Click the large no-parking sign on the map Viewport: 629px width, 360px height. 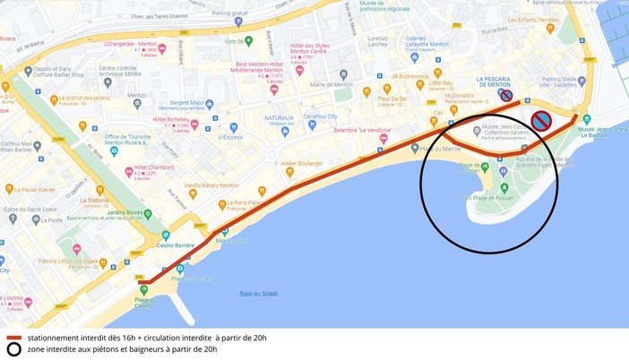click(x=540, y=121)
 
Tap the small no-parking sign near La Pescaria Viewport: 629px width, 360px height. click(x=506, y=96)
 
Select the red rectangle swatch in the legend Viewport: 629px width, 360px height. click(x=13, y=338)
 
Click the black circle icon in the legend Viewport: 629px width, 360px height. click(x=13, y=349)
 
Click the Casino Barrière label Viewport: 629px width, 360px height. click(x=177, y=244)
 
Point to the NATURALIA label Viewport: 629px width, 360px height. click(x=279, y=117)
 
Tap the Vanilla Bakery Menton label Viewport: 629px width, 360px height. click(x=211, y=185)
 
